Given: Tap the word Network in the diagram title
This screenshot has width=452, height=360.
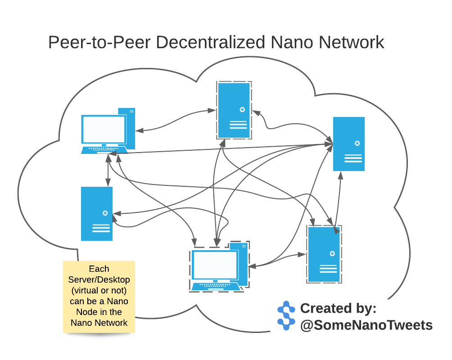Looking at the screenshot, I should point(351,42).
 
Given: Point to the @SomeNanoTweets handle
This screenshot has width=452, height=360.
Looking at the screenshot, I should point(366,325).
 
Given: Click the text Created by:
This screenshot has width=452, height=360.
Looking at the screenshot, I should point(338,309).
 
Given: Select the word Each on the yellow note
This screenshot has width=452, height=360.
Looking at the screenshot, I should point(99,269).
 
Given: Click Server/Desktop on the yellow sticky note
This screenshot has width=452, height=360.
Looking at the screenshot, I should point(99,279).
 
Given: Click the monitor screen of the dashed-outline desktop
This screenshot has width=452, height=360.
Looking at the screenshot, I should point(215,265).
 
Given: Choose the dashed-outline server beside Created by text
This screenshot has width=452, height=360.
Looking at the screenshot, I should point(324,254).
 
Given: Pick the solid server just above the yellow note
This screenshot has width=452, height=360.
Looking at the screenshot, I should point(97,214).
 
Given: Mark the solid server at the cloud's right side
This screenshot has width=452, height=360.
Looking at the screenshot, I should point(348,144).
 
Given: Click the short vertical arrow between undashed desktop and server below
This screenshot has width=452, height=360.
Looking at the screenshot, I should point(108,171).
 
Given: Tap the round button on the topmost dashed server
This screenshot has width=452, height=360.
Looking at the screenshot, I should point(242,109).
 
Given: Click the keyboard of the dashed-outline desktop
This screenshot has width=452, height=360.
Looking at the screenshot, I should point(215,286).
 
